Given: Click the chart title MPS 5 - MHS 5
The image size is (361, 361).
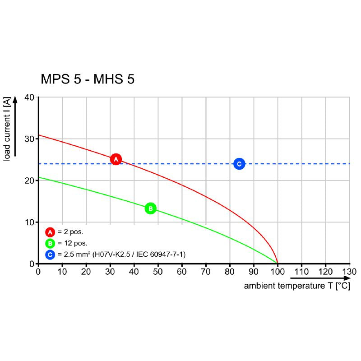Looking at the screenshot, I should [88, 79].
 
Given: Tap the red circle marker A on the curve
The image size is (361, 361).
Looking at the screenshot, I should [116, 159].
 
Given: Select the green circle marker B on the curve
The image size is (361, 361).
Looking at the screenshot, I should [150, 208].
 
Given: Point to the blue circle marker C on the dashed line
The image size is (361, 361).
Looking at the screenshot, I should [239, 164].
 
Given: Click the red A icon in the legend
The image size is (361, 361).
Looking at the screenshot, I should [50, 232].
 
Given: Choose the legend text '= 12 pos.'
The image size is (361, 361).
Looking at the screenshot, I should [73, 244].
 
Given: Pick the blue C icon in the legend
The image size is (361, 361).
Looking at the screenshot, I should [50, 255].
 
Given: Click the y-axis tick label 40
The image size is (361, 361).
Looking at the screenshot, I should [29, 97].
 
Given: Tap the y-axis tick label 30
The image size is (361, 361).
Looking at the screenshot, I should [29, 139].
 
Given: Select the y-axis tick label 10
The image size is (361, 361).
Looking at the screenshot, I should [29, 222].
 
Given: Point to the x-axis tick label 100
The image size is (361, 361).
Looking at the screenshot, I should [277, 272].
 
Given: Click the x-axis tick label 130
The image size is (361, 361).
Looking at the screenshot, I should [349, 272].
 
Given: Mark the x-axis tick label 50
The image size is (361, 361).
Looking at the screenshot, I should [157, 272].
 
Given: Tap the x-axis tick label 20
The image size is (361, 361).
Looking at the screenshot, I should [86, 272].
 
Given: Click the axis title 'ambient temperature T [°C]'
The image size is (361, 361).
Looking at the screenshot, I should [297, 287].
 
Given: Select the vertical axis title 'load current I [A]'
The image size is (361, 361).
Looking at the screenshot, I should [7, 129].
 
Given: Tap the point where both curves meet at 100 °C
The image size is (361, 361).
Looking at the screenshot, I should [277, 263].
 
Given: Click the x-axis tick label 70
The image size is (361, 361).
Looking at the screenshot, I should [205, 272].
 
